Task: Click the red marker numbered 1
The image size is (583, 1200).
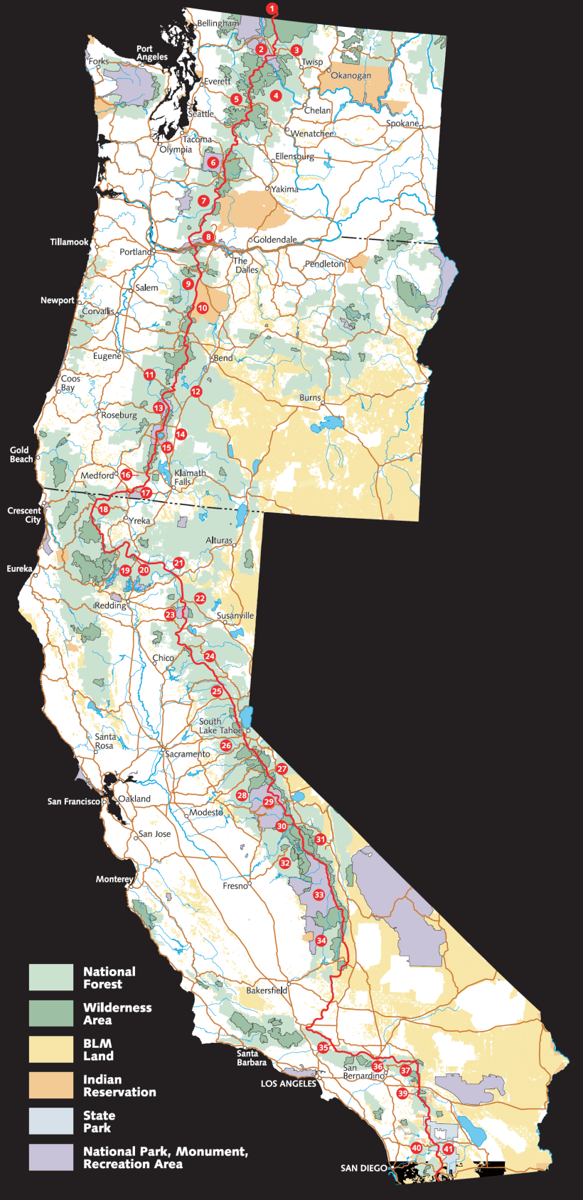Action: (272, 9)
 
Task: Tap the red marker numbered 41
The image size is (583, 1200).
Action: (448, 1149)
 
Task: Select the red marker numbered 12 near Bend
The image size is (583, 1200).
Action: (196, 391)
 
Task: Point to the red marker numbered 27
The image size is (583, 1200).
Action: (282, 769)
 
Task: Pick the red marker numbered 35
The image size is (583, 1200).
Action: (323, 1047)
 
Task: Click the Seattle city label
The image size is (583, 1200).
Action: (200, 114)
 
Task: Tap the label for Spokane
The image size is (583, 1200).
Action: (402, 123)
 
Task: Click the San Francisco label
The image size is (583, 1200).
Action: (73, 801)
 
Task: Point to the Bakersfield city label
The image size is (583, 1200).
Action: (267, 990)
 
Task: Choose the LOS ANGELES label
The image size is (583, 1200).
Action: (288, 1083)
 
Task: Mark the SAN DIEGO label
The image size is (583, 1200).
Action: (364, 1168)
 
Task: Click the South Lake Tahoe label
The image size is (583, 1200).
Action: (220, 725)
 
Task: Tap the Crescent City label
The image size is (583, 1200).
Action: (24, 515)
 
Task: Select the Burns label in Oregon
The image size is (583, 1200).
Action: (309, 397)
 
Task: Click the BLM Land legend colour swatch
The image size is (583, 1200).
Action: (50, 1049)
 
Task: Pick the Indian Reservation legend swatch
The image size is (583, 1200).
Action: (50, 1085)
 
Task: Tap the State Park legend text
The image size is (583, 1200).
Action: (97, 1121)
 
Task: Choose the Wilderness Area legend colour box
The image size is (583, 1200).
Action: (50, 1013)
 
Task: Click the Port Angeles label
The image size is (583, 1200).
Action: (151, 53)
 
